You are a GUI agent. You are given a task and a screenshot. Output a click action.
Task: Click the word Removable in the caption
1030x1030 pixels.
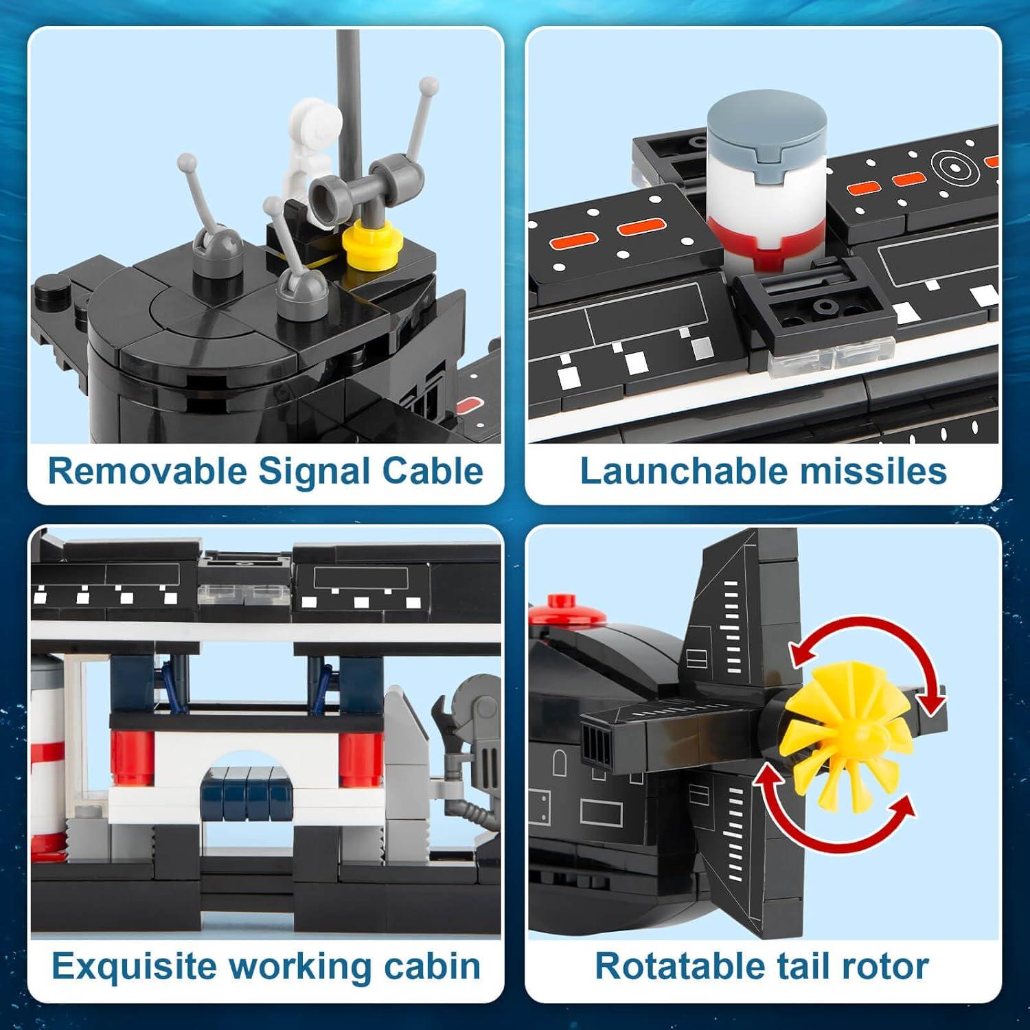click(x=147, y=471)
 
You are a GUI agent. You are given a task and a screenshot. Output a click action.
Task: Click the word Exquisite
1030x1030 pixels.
click(x=134, y=966)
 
